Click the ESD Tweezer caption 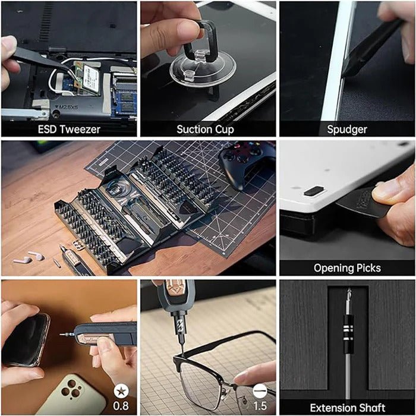click(69, 129)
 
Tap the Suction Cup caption click(206, 129)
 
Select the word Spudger click(346, 129)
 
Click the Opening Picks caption click(346, 267)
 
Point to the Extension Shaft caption click(347, 407)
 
